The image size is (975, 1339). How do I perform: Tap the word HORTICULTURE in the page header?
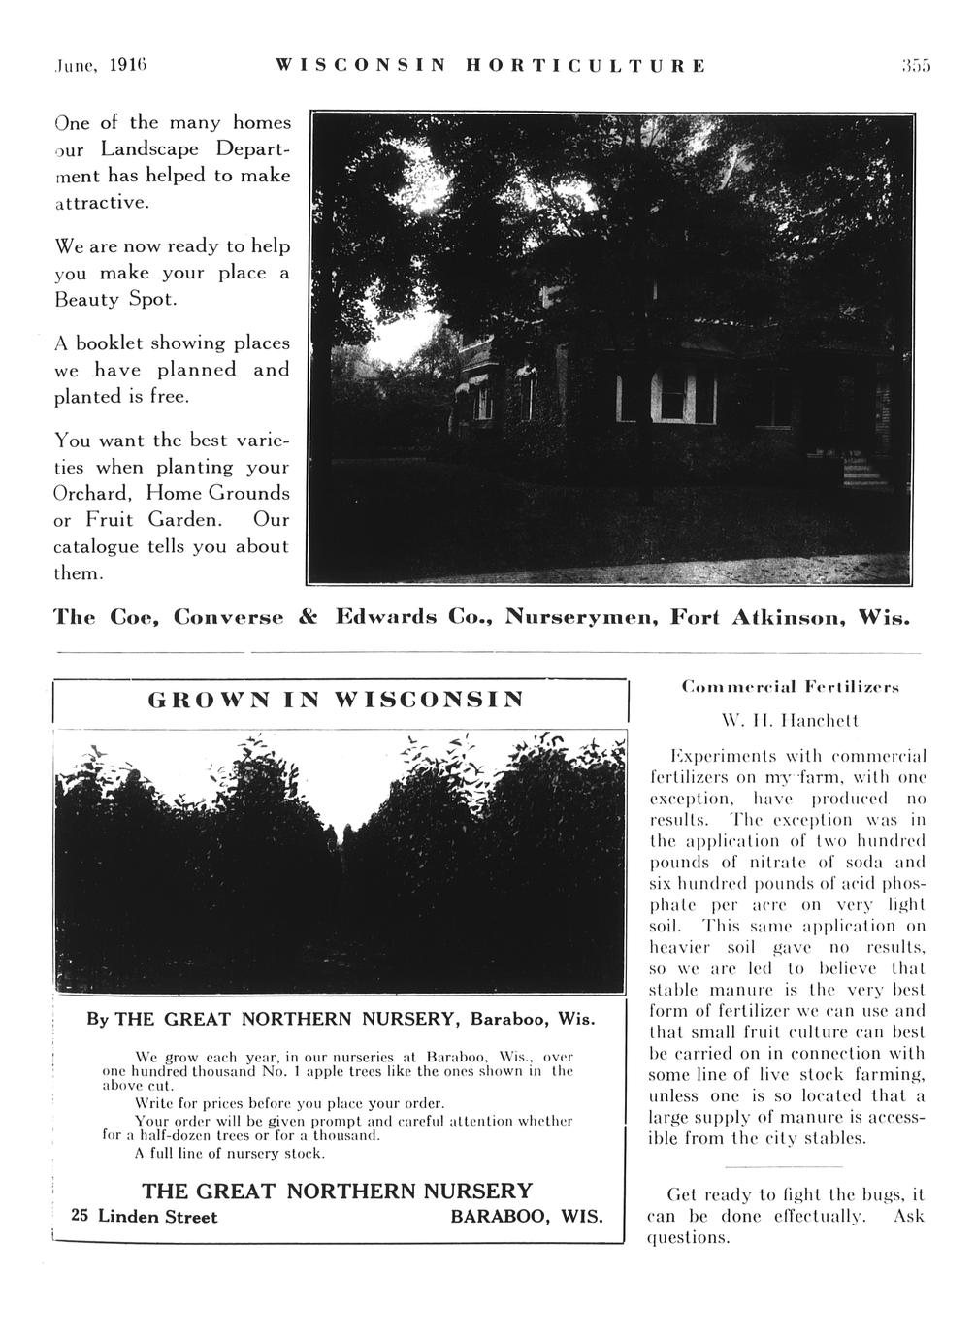(x=586, y=67)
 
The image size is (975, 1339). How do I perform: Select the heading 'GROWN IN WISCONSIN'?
(x=336, y=700)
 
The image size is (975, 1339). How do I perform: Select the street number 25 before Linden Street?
(x=81, y=1217)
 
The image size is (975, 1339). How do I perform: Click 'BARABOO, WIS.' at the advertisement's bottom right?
(x=527, y=1217)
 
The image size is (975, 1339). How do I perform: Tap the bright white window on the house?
(x=671, y=400)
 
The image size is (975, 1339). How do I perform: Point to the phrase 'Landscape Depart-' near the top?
(x=192, y=149)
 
